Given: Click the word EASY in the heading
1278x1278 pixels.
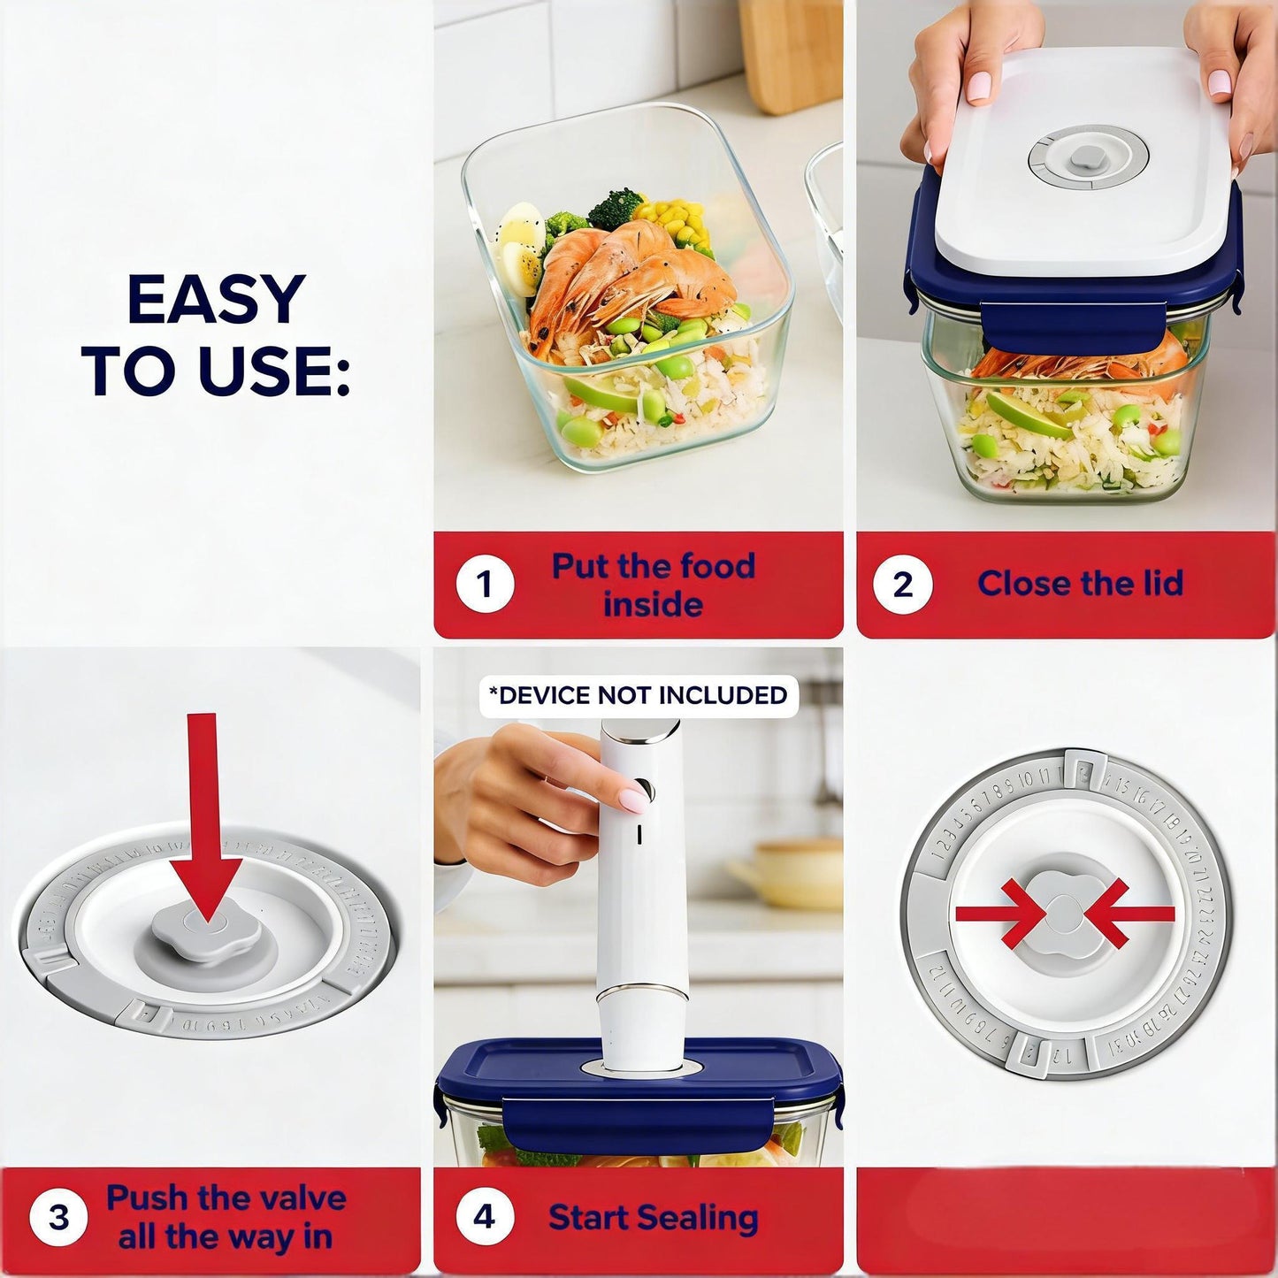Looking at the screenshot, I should click(x=217, y=300).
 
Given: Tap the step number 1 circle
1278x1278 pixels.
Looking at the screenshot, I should click(x=485, y=585).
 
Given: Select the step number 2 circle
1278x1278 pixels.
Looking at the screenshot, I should click(x=902, y=585).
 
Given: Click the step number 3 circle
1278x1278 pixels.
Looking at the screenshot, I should click(x=58, y=1217).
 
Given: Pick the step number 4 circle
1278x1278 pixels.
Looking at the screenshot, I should click(x=485, y=1217).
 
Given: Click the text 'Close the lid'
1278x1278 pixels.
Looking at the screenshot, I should click(x=1080, y=584).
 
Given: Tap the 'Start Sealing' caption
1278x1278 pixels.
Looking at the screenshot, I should click(x=653, y=1218).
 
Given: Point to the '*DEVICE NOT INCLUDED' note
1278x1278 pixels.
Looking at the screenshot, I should click(x=638, y=696).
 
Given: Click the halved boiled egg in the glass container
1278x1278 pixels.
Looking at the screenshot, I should click(x=521, y=243).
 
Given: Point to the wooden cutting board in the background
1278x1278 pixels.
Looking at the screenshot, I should click(x=789, y=53).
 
